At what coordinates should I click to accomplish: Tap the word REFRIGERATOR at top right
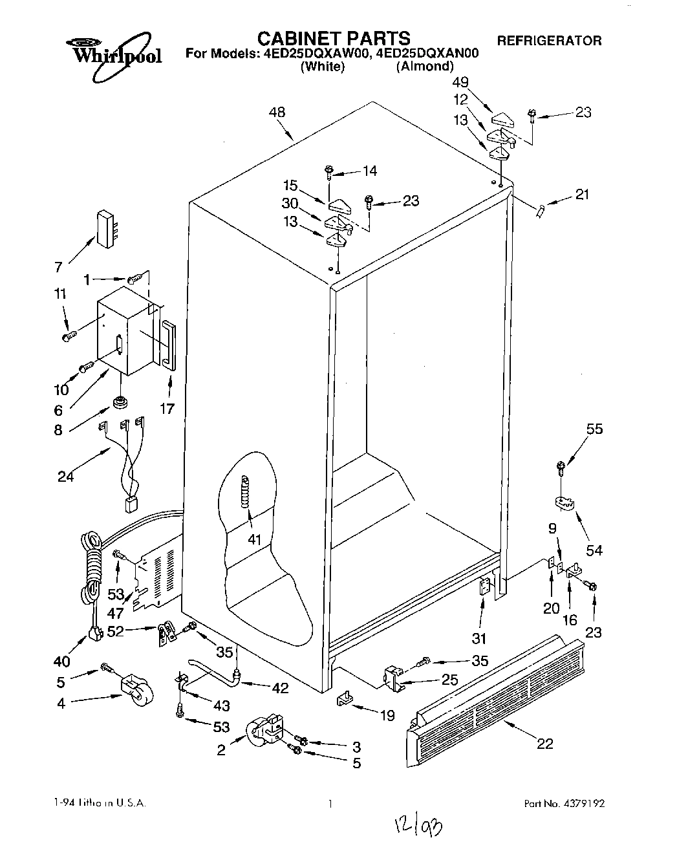549,41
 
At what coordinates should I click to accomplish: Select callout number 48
276,113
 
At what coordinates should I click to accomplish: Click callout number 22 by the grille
545,744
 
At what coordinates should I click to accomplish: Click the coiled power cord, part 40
91,569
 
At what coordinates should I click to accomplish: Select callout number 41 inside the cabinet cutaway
254,539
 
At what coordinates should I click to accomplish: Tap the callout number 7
58,266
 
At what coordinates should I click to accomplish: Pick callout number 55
594,429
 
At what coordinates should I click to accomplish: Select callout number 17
167,409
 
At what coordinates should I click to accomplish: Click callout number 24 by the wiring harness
65,477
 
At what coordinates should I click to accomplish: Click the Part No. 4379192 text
564,804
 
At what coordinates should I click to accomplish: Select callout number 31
479,638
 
